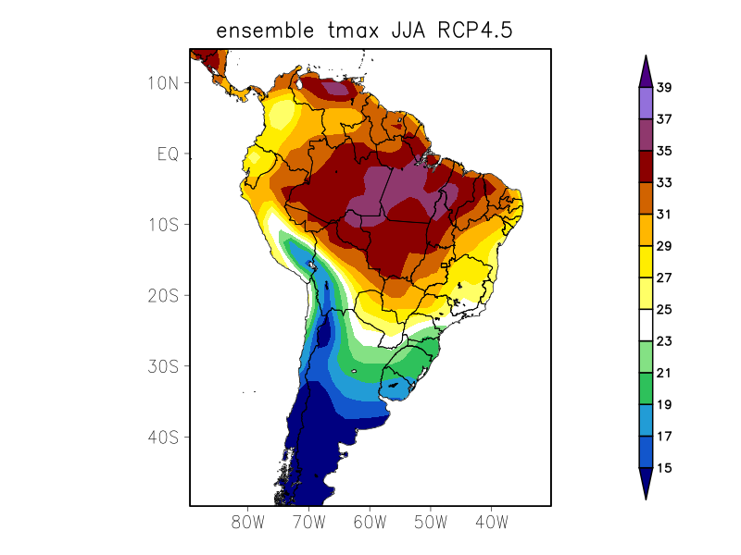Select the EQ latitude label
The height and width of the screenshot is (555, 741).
point(168,154)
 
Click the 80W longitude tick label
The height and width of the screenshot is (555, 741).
point(248,522)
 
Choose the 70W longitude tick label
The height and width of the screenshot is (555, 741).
point(308,522)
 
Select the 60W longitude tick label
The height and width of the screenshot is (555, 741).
point(370,522)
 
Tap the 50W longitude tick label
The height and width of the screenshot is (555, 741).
point(431,522)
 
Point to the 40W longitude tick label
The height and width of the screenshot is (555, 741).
point(491,522)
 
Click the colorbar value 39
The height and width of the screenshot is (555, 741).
point(664,88)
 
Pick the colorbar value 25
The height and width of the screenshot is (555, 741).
point(664,310)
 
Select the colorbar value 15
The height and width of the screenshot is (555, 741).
point(664,468)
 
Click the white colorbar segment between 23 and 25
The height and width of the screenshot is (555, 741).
point(646,326)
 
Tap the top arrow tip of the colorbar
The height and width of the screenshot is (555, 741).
point(646,56)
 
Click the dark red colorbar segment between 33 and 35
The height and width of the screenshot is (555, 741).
point(646,166)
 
